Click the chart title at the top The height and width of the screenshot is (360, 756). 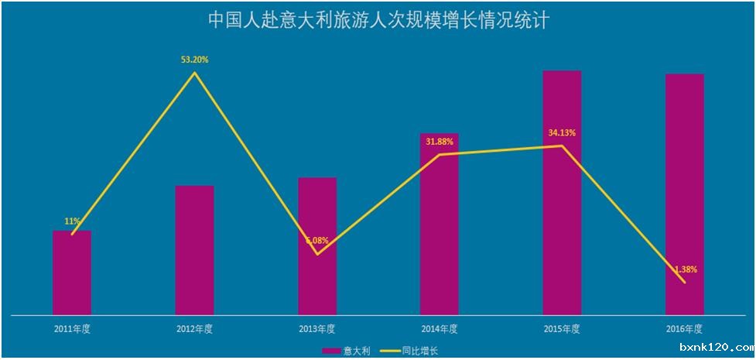[378, 20]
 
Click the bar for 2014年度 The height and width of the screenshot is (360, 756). [440, 225]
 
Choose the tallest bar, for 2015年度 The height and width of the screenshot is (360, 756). [562, 193]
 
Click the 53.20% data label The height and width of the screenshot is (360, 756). [195, 59]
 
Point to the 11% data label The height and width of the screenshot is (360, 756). [72, 221]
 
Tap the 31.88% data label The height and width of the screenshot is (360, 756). [440, 141]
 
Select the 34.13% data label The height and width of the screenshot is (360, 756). [562, 132]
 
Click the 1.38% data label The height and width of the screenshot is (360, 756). [684, 269]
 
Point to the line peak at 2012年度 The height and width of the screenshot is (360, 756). [195, 73]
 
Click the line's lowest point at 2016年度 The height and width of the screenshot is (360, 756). [685, 283]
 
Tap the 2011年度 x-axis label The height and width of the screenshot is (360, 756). [72, 329]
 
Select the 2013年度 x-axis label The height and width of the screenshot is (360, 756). [317, 329]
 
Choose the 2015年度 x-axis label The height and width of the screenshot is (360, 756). [562, 329]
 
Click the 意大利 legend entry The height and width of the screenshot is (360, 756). [347, 351]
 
